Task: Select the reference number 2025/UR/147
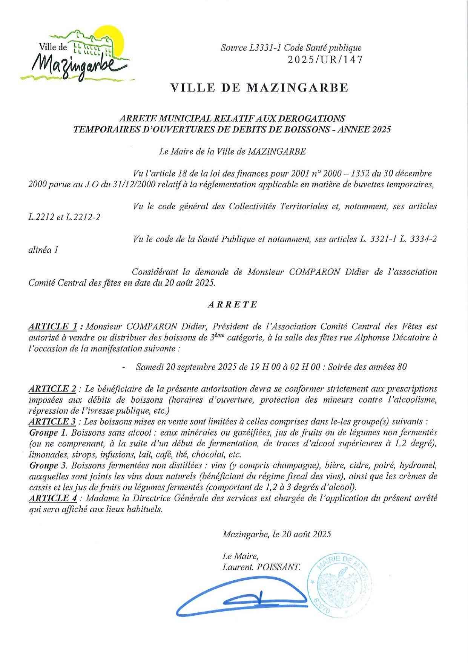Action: (x=325, y=60)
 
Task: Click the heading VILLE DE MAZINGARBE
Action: (x=259, y=88)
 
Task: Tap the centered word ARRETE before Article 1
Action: (x=233, y=304)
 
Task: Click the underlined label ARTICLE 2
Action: (x=52, y=389)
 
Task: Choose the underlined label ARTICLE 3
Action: (x=52, y=422)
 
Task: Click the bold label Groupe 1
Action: (x=49, y=433)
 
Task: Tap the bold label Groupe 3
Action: (x=49, y=465)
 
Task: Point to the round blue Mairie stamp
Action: (x=339, y=586)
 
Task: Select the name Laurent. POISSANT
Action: (x=261, y=567)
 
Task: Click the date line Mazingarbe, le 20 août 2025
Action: (x=277, y=534)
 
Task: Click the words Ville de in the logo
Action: (x=53, y=47)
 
